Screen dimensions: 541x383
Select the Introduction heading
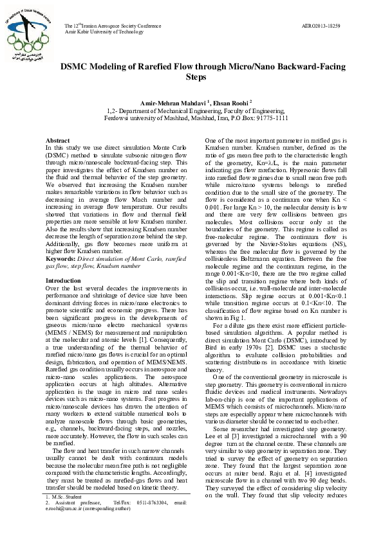[63, 281]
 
